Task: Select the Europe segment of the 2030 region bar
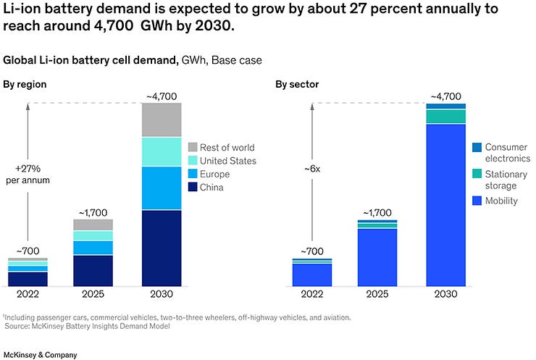point(162,188)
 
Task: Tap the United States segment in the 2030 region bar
point(162,151)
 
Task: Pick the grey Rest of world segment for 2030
point(162,120)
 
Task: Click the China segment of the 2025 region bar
point(93,270)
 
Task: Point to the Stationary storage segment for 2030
point(445,117)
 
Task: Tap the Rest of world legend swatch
point(192,148)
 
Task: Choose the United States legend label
point(227,161)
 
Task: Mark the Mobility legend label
point(501,201)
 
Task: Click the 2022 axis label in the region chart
point(28,296)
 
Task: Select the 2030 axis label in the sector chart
point(445,296)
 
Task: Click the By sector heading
point(296,85)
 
